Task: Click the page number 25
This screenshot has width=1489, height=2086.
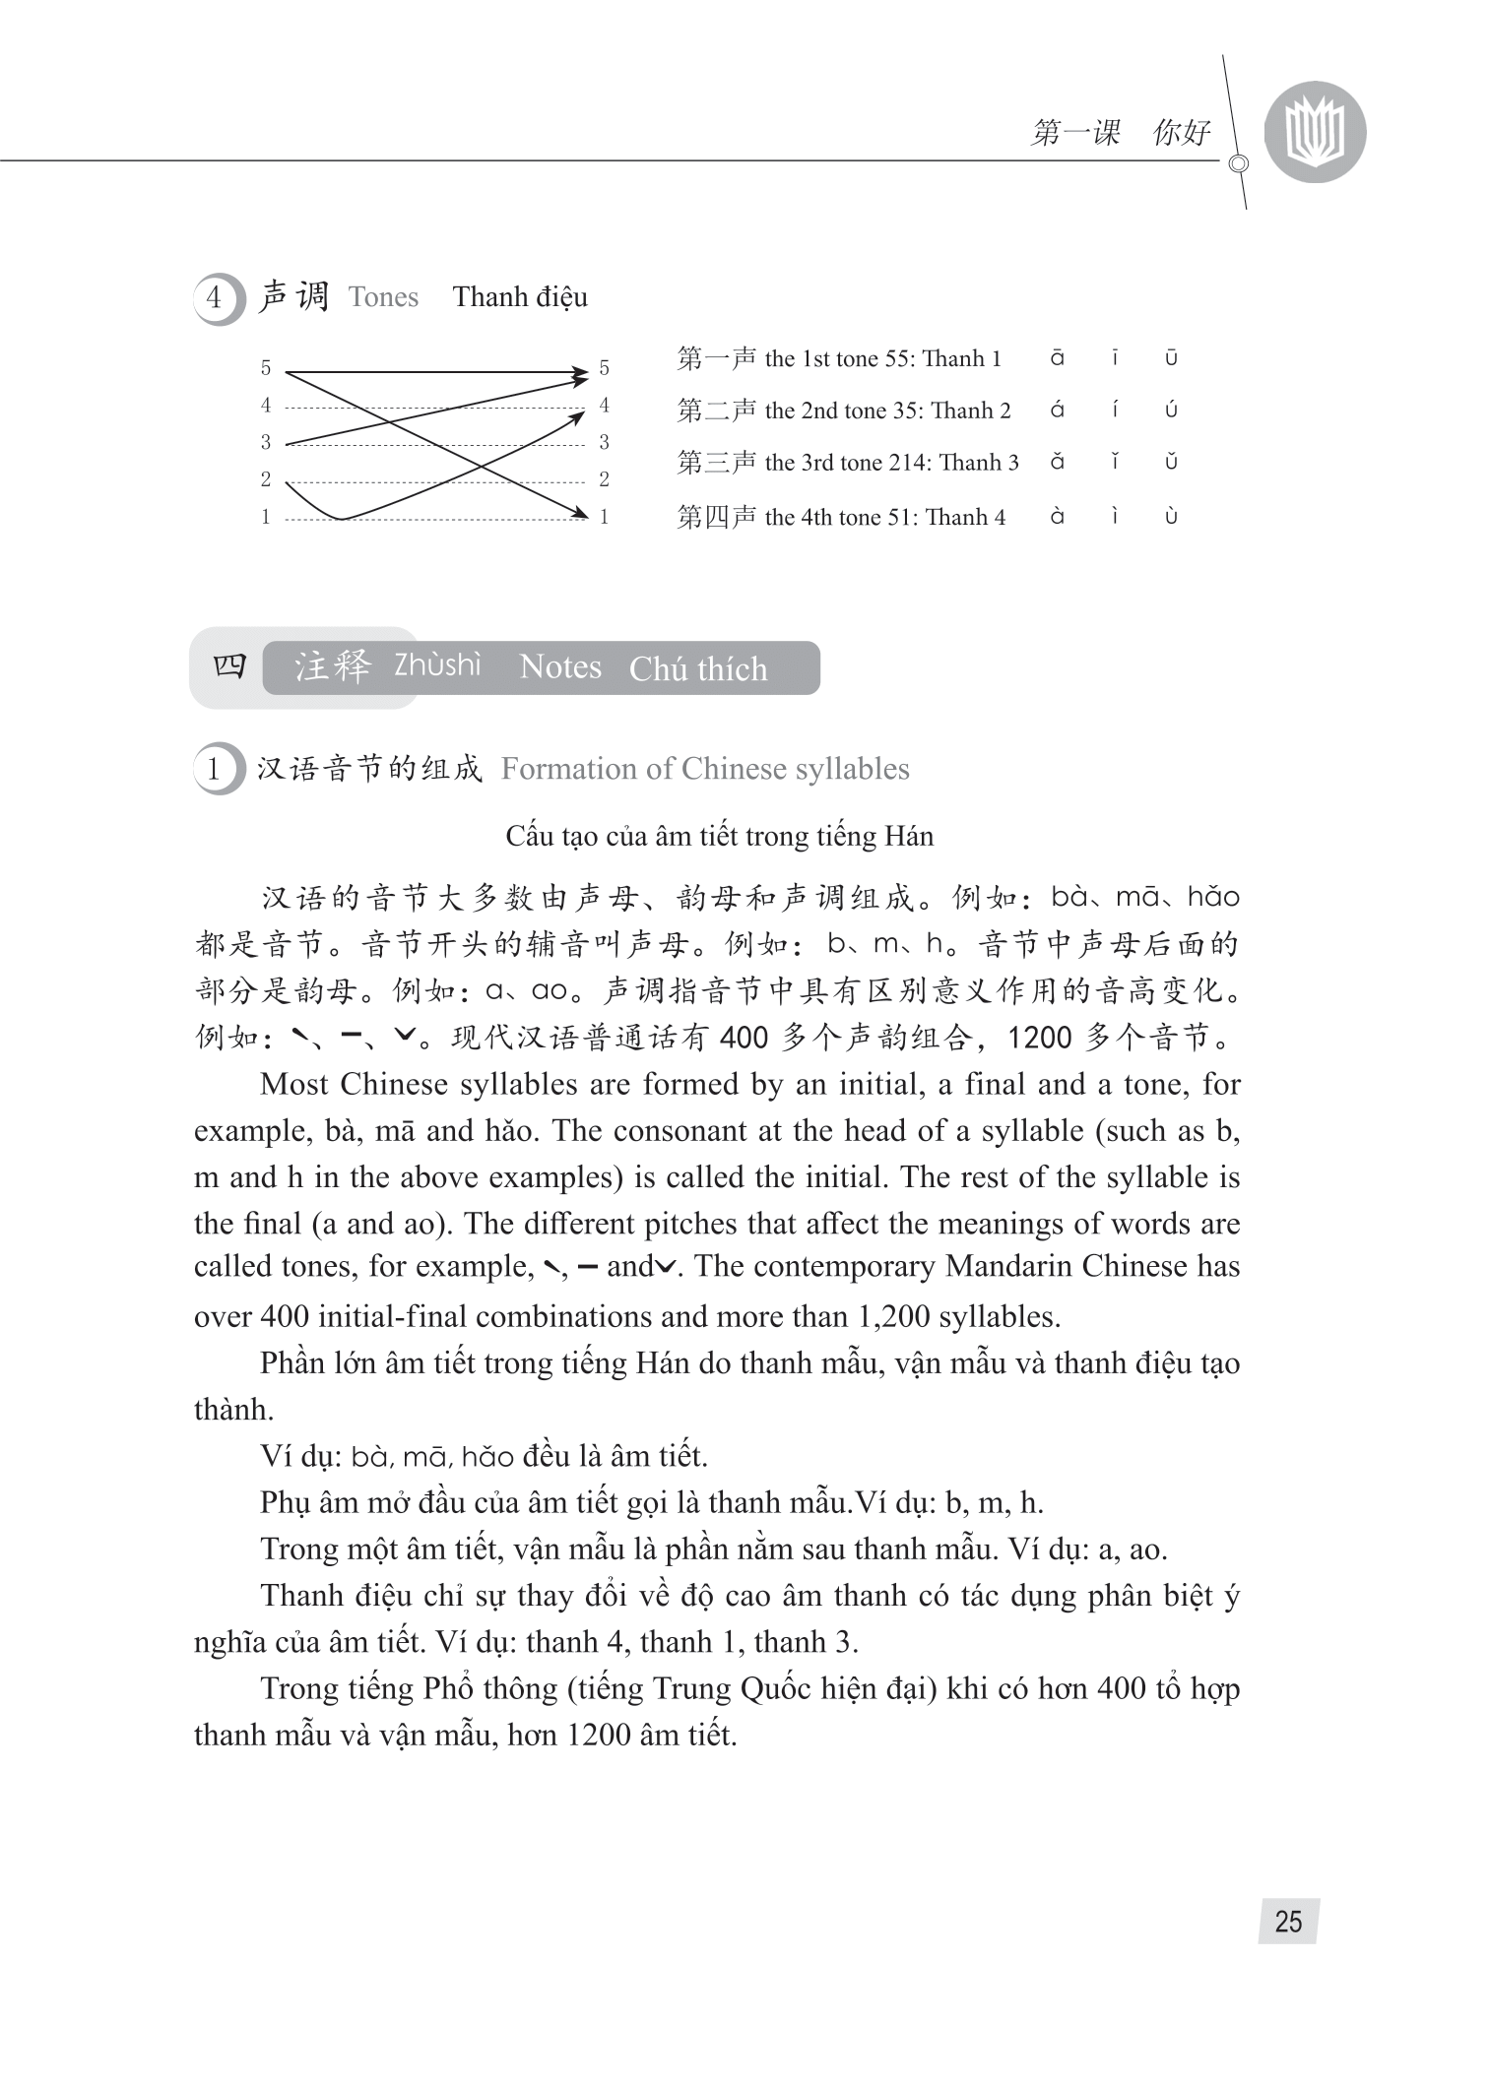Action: point(1288,1921)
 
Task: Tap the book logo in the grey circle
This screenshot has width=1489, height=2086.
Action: point(1315,132)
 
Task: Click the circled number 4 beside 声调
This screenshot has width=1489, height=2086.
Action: point(215,297)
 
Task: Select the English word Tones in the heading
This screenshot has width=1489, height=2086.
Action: point(383,297)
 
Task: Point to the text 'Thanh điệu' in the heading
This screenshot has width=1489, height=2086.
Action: point(520,297)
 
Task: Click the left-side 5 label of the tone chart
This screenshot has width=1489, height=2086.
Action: point(266,368)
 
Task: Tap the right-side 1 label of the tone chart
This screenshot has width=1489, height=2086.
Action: point(605,517)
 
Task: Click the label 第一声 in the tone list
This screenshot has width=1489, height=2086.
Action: point(716,358)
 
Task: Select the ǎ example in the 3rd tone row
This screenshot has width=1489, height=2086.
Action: point(1057,462)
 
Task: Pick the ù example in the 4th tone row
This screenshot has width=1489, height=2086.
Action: point(1171,516)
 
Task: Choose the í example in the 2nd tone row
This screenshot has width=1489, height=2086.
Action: point(1115,410)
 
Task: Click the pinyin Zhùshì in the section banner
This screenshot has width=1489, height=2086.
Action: point(437,665)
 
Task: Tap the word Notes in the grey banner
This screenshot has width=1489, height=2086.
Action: point(560,666)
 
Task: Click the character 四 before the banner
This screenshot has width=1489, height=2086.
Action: point(229,666)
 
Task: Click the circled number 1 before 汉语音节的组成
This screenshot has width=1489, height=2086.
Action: point(215,769)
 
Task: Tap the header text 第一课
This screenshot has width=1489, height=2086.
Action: point(1075,133)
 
